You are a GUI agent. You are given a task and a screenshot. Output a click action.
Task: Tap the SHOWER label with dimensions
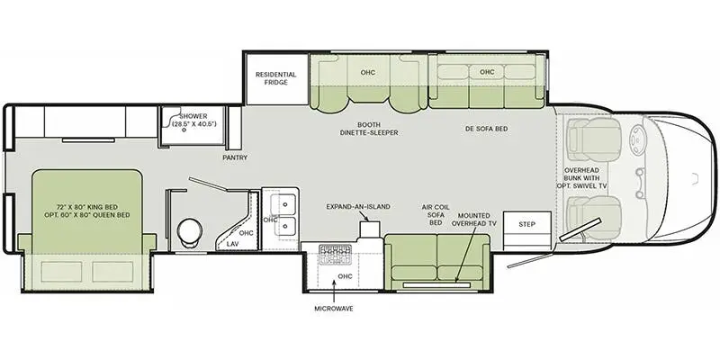tap(193, 121)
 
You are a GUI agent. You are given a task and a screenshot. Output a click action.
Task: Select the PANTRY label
tap(235, 157)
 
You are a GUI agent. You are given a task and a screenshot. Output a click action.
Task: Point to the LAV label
tap(232, 244)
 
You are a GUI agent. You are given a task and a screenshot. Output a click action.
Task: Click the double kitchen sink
tap(280, 212)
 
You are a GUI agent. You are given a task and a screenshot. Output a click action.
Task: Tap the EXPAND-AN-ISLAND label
tap(358, 206)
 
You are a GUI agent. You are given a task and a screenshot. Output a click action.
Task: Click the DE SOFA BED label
tap(487, 129)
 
